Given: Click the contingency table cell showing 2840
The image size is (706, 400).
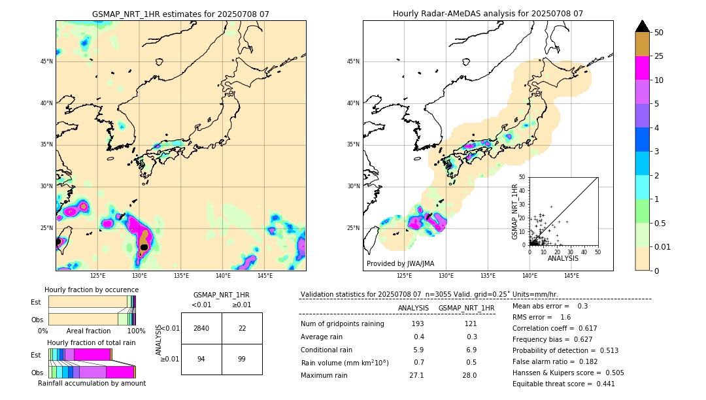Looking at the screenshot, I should [x=201, y=328].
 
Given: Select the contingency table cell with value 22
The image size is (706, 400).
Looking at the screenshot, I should [x=242, y=328].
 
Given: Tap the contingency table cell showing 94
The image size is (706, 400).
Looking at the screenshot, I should [x=201, y=359].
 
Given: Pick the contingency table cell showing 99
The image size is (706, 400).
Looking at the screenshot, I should [x=242, y=359].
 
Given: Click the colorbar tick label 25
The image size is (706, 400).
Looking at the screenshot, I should [x=659, y=56].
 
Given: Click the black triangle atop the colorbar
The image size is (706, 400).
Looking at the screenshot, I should [x=643, y=26].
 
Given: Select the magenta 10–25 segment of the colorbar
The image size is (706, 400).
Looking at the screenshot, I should [x=643, y=68].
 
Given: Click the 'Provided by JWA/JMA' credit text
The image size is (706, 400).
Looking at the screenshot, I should [x=400, y=263].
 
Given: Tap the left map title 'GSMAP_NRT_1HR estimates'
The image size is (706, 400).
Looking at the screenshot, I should [x=180, y=14].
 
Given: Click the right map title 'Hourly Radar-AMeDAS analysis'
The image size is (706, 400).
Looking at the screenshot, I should [x=488, y=14].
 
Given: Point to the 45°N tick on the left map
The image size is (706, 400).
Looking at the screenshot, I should [x=46, y=61].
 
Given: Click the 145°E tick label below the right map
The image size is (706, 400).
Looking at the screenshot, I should [x=571, y=276].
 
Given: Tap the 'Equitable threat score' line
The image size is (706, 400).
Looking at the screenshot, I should [x=563, y=384].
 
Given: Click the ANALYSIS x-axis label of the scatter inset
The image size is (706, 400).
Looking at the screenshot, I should [x=563, y=258].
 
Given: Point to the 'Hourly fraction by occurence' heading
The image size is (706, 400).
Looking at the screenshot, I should [x=92, y=290].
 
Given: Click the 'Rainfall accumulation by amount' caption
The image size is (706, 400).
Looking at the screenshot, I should [x=92, y=383].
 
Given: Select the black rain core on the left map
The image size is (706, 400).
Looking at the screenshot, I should [x=144, y=246].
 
